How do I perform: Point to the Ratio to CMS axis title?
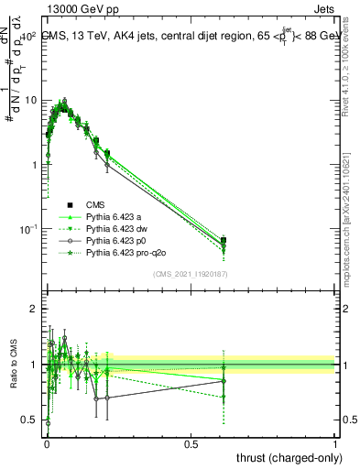click(13, 363)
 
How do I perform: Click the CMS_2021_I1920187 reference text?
click(191, 274)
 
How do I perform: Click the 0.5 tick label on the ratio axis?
click(31, 421)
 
